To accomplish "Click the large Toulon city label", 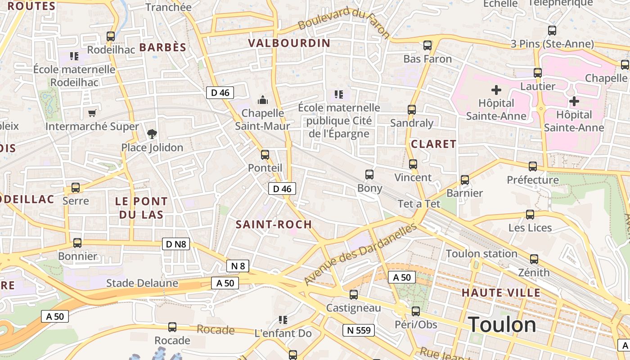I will click(502, 324).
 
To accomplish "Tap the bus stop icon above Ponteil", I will click(265, 155).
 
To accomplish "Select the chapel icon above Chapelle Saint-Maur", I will click(262, 99).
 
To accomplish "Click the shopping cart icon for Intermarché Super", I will click(92, 113).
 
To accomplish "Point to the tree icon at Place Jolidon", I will click(152, 134).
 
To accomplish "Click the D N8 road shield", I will click(175, 244).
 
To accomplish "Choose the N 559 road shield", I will click(359, 330).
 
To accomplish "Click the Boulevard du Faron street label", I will click(344, 22).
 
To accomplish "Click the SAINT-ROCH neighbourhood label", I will click(274, 225).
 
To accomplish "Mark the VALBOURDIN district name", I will click(289, 43).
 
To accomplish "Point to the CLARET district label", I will click(433, 144).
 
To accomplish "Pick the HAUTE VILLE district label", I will click(501, 293).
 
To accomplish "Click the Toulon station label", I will click(481, 254).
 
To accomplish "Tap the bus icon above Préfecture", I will click(533, 166).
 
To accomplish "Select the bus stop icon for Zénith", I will click(534, 259).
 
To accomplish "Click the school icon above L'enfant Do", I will click(283, 320).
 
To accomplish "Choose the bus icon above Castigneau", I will click(354, 295).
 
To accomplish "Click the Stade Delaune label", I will click(142, 283).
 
